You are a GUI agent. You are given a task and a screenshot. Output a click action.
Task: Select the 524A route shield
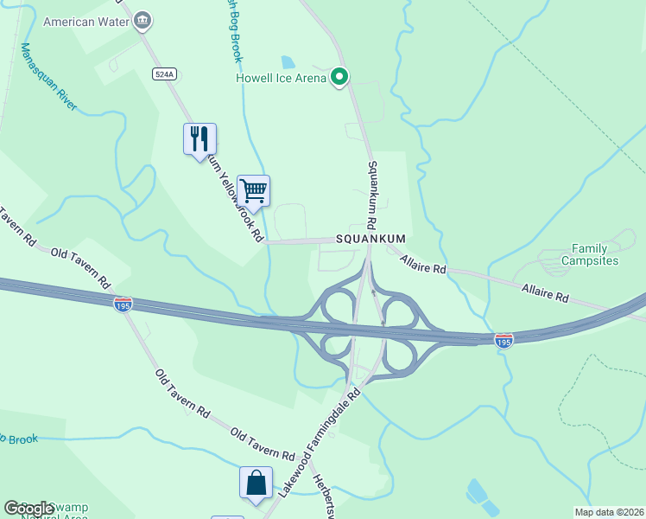(164, 74)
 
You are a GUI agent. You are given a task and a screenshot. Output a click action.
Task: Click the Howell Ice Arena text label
(282, 79)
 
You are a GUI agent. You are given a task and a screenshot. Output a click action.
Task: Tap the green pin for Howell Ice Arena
(340, 78)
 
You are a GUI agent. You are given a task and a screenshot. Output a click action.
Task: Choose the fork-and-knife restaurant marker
(199, 138)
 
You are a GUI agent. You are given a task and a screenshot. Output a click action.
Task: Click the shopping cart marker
(253, 190)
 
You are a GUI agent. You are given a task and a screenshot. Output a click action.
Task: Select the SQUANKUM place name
(370, 240)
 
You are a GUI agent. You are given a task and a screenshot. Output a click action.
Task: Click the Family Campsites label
(590, 254)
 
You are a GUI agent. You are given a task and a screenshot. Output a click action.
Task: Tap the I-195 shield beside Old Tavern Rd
(123, 304)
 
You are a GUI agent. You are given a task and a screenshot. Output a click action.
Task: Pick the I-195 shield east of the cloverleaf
(503, 341)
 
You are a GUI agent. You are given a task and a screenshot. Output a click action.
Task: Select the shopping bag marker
(256, 483)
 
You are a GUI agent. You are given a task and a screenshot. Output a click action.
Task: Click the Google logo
(28, 509)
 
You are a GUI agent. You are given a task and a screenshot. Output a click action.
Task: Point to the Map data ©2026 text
(609, 512)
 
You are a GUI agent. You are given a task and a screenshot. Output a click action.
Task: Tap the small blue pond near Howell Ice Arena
(288, 62)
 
